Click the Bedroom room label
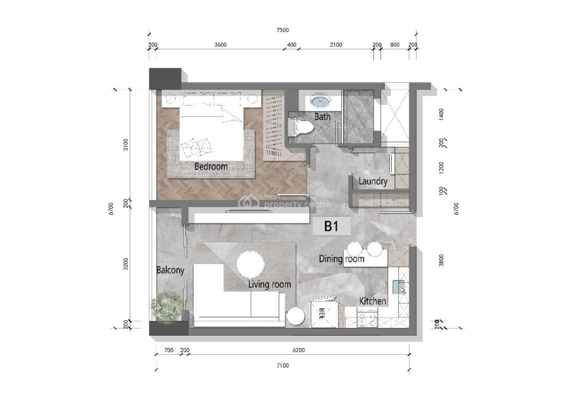pyautogui.click(x=211, y=166)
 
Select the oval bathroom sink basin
pyautogui.click(x=321, y=102)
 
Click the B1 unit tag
pyautogui.click(x=331, y=226)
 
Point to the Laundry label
pyautogui.click(x=373, y=182)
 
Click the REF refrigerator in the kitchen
pyautogui.click(x=323, y=314)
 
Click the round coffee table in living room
pyautogui.click(x=250, y=265)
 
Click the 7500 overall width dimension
pyautogui.click(x=283, y=30)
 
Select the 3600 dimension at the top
pyautogui.click(x=220, y=45)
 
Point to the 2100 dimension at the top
pyautogui.click(x=336, y=45)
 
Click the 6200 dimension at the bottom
pyautogui.click(x=299, y=350)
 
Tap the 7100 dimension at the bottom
pyautogui.click(x=283, y=365)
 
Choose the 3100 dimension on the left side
pyautogui.click(x=126, y=144)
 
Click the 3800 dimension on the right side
pyautogui.click(x=441, y=260)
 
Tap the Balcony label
pyautogui.click(x=170, y=270)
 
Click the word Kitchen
pyautogui.click(x=373, y=301)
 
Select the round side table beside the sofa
pyautogui.click(x=295, y=316)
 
